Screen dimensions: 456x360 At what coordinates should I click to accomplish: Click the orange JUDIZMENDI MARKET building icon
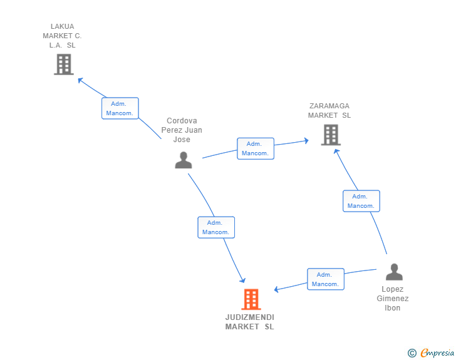point(251,299)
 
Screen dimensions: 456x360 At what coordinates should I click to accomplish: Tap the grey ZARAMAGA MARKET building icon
point(331,135)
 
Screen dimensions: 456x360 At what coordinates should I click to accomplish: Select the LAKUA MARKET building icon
point(64,64)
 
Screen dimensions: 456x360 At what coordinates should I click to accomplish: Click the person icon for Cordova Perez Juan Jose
point(183,160)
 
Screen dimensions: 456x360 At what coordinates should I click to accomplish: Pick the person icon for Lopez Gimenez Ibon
point(394,272)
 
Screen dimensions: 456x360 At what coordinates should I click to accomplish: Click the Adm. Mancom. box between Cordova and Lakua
point(120,108)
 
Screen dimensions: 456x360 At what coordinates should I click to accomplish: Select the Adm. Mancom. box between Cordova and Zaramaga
point(256,148)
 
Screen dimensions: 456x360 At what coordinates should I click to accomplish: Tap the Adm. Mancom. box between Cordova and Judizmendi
point(216,227)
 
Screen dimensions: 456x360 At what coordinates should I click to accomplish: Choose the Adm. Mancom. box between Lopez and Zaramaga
point(361,201)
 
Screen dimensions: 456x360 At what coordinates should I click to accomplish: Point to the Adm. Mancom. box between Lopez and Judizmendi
point(326,279)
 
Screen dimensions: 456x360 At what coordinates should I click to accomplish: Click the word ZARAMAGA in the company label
point(329,106)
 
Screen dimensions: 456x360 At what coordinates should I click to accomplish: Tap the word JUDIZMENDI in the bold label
point(249,317)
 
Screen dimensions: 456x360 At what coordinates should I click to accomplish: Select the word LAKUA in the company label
point(62,26)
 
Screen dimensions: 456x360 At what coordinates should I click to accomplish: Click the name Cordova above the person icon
point(182,121)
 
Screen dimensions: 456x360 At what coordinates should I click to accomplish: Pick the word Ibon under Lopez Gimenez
point(392,308)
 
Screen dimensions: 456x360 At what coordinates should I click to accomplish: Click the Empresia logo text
point(437,353)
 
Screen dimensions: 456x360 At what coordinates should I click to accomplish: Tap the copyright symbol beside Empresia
point(412,353)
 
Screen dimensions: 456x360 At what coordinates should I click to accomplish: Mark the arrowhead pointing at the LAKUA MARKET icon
point(80,80)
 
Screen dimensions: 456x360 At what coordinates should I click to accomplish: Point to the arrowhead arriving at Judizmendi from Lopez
point(276,289)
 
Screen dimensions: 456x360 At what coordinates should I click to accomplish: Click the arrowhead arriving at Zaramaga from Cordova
point(306,141)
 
